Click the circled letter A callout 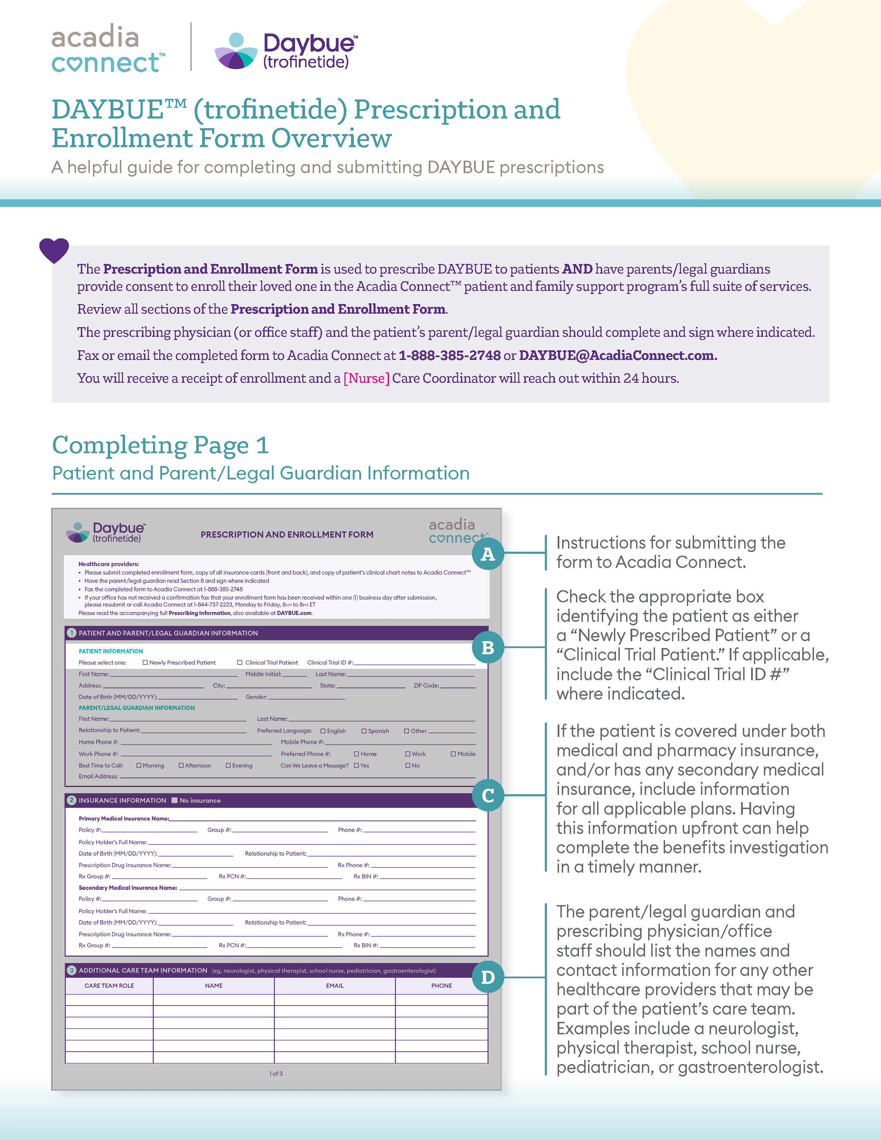coord(487,554)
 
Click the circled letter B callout coord(487,647)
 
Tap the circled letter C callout coord(487,795)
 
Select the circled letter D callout coord(487,977)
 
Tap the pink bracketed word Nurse coord(366,378)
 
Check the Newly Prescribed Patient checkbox coord(145,662)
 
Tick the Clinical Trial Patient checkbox coord(240,662)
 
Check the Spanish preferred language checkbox coord(364,731)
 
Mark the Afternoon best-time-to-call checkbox coord(181,765)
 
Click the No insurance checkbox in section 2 coord(175,800)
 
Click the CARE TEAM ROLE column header coord(109,986)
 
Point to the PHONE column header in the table coord(442,986)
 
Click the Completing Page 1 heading coord(160,445)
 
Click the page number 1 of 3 coord(276,1074)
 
